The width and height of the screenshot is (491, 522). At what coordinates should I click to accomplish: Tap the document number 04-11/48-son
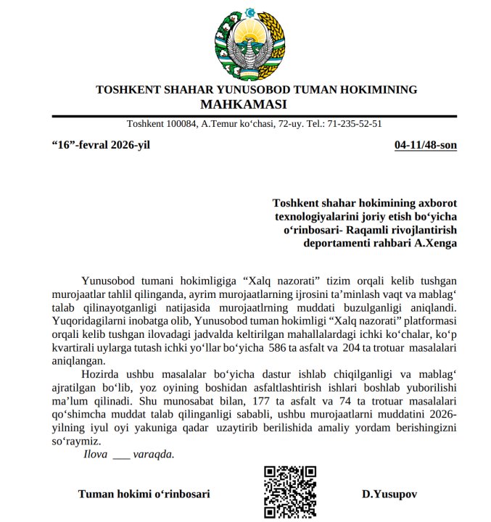[x=425, y=144]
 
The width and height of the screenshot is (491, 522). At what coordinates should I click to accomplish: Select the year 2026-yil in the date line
[x=130, y=144]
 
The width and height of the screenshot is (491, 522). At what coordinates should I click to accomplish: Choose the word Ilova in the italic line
[x=96, y=455]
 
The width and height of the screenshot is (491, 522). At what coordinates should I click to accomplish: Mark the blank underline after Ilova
[x=122, y=457]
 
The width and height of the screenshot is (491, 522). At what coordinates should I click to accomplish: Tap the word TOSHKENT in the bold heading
[x=128, y=90]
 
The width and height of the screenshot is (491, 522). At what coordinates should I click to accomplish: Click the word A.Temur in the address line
[x=218, y=123]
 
